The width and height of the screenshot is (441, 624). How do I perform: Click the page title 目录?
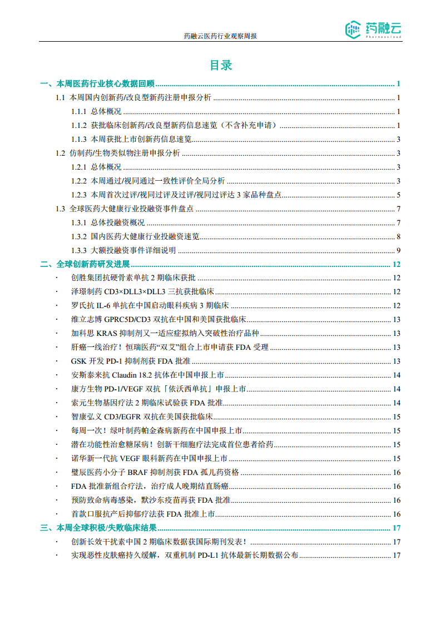(220, 65)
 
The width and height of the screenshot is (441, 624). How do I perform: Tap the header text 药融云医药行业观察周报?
(220, 36)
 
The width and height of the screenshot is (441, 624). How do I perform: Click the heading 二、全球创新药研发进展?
(85, 264)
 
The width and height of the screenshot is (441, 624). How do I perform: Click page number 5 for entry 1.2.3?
(399, 195)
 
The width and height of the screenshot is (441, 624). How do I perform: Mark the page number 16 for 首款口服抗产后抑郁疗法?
(397, 514)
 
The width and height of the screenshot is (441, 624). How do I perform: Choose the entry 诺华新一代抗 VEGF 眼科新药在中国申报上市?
(149, 459)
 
